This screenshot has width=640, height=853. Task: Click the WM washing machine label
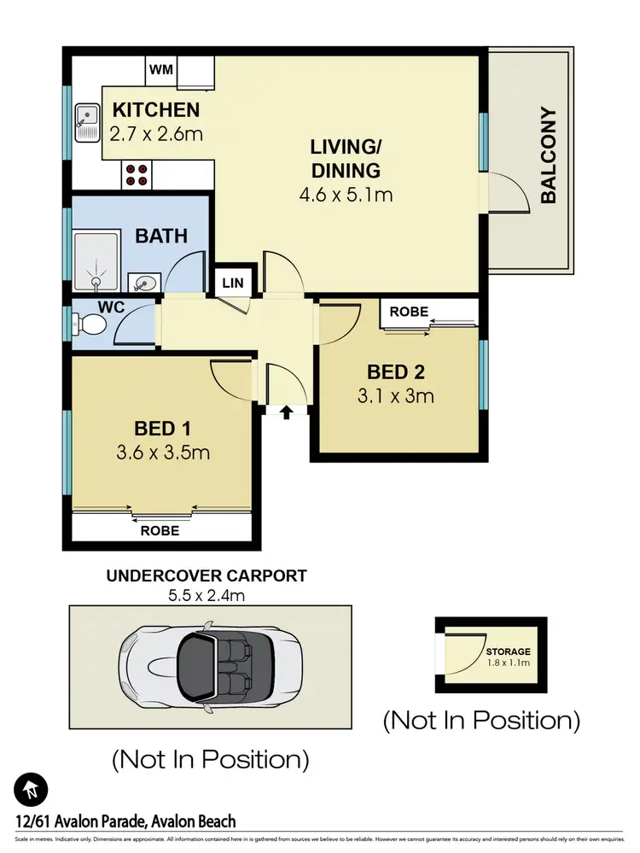(161, 69)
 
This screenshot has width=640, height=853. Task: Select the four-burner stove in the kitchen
(137, 174)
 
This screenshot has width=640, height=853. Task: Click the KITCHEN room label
(156, 110)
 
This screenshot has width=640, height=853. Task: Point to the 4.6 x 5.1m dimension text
(346, 195)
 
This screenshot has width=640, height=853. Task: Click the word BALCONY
(548, 155)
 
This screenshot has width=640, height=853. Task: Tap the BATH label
(161, 237)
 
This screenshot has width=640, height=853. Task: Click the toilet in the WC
(90, 324)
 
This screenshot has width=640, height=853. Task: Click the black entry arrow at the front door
(286, 413)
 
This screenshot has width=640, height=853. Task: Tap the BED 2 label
(396, 372)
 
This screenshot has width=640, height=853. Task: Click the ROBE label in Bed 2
(409, 312)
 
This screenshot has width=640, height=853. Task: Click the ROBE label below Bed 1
(160, 530)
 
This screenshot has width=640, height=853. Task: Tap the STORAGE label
(509, 651)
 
